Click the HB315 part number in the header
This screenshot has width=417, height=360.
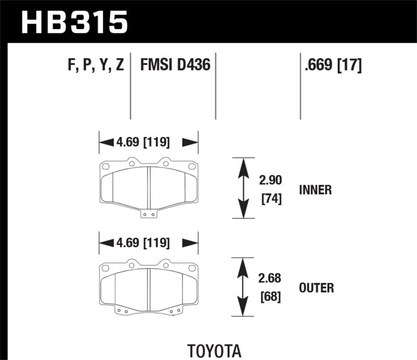tap(73, 22)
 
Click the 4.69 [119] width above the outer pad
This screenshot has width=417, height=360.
tap(149, 242)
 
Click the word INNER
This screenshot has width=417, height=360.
tap(315, 190)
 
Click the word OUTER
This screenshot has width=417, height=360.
tap(316, 288)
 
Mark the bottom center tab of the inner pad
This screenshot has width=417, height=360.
tap(149, 213)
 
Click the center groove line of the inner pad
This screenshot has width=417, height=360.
tap(149, 188)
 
